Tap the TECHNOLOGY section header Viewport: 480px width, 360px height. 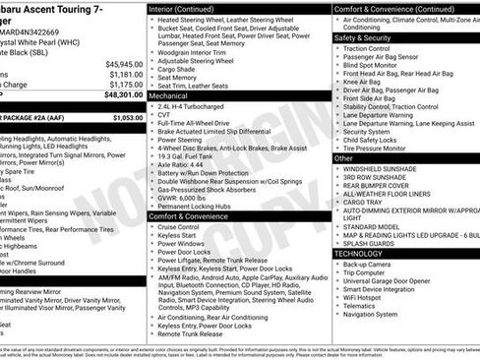click(x=359, y=253)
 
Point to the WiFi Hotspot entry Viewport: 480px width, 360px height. click(x=369, y=295)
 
